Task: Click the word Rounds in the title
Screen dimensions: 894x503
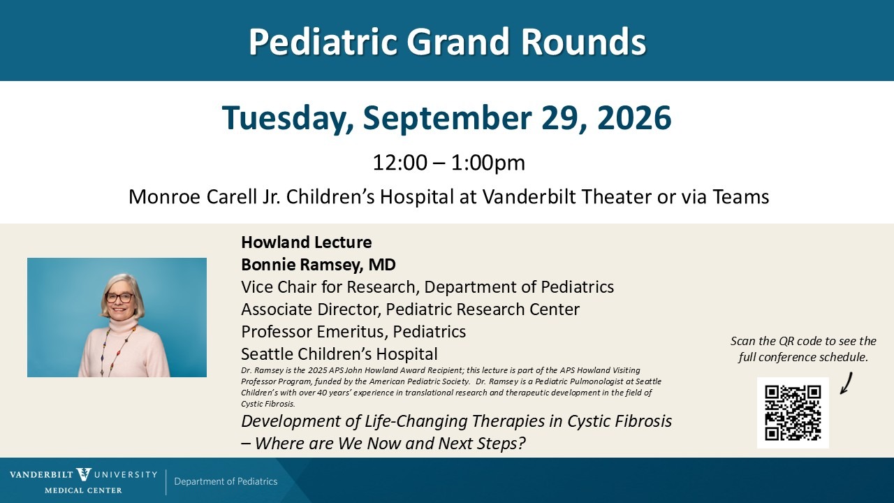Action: (583, 41)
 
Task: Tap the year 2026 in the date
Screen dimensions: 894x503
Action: (634, 118)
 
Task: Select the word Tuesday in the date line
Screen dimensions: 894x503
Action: (287, 119)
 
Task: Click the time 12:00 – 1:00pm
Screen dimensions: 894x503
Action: (448, 163)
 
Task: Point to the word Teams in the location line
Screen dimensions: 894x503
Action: (741, 196)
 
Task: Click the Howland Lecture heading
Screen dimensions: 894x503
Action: (307, 242)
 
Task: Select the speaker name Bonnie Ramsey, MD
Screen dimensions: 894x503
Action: (318, 265)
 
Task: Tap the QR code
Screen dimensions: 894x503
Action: (793, 413)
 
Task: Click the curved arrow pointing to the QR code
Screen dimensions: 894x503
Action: (846, 384)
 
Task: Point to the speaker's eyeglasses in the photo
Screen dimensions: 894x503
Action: (119, 298)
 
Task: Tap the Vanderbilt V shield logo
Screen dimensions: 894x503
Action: (84, 474)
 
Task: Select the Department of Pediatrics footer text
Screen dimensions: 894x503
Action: (226, 481)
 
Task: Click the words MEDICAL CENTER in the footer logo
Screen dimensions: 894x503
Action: (83, 490)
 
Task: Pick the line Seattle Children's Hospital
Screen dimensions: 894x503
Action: (339, 354)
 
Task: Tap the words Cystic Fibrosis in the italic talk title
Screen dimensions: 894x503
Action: (620, 421)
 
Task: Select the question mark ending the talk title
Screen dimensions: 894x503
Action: (521, 443)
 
